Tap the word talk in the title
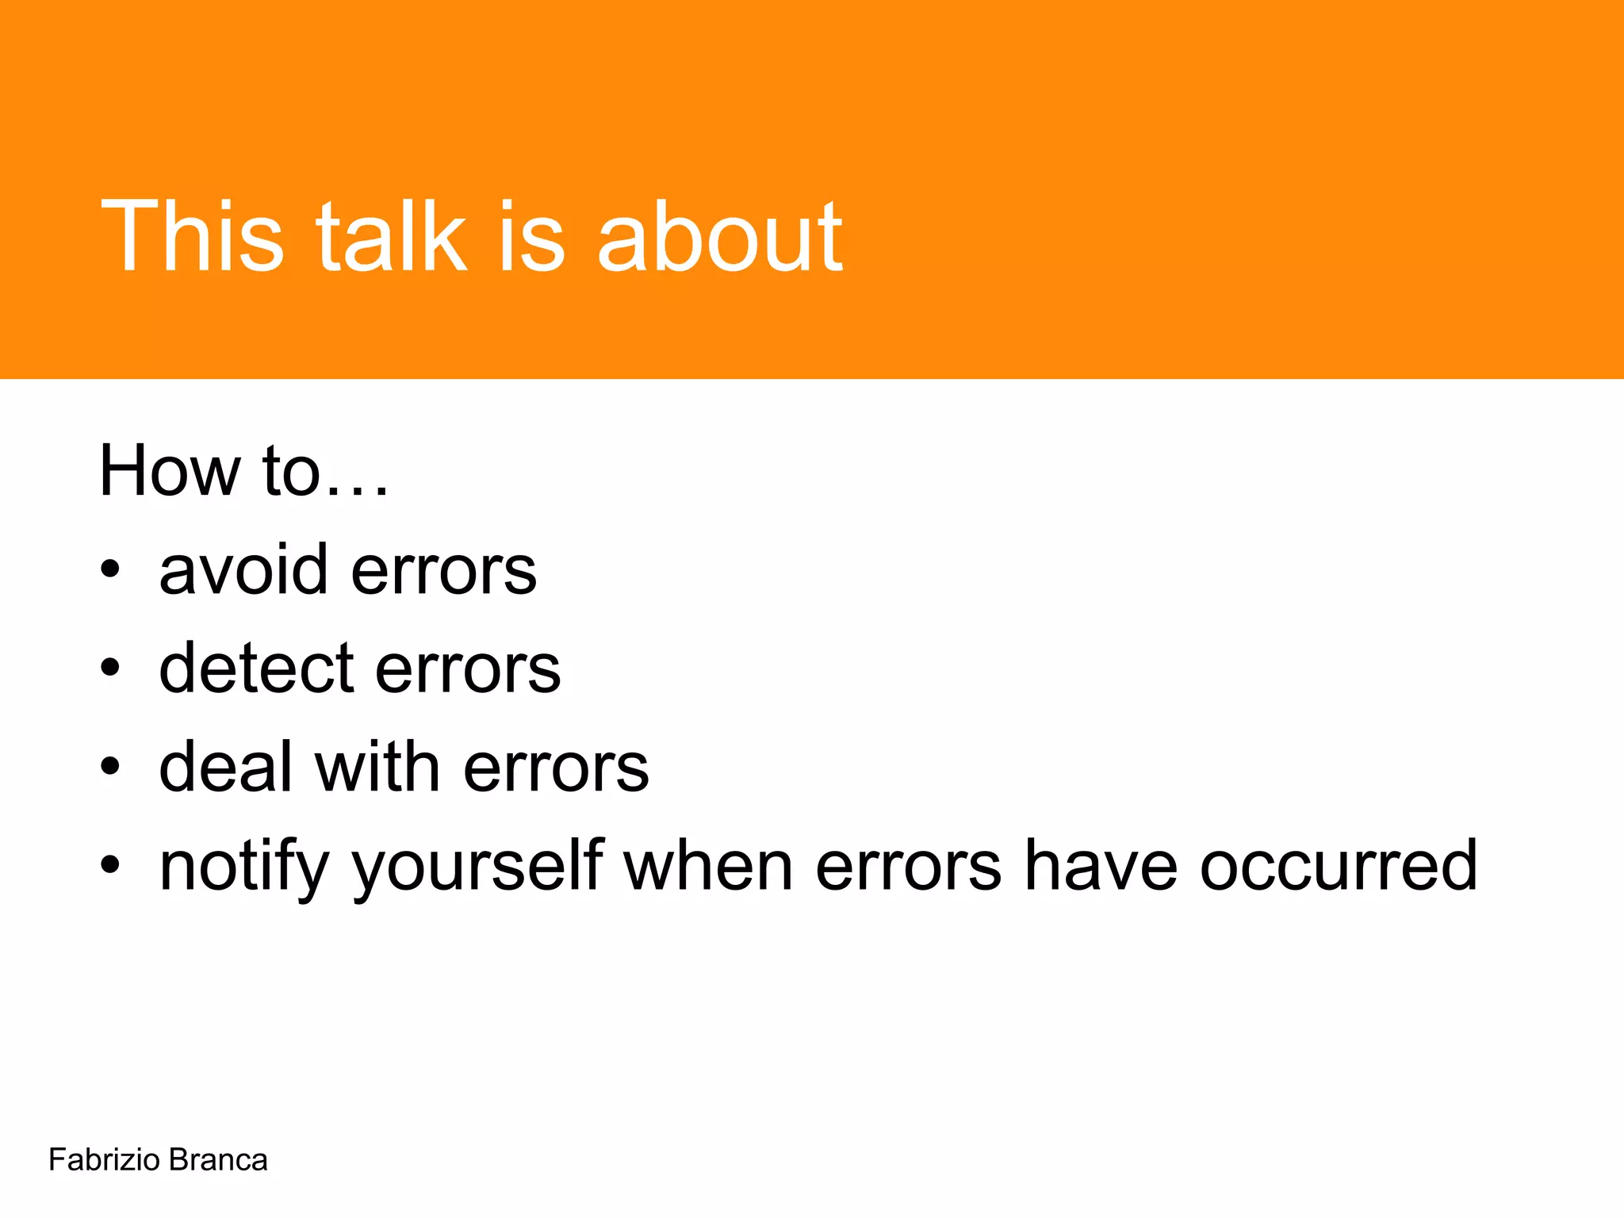391,236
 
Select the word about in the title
719,236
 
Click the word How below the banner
169,471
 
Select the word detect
256,668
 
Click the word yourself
478,866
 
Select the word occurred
1339,866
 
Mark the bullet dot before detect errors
110,668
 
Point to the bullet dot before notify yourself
110,865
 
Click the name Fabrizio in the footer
104,1160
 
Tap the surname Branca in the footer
218,1160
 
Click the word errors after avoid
443,571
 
